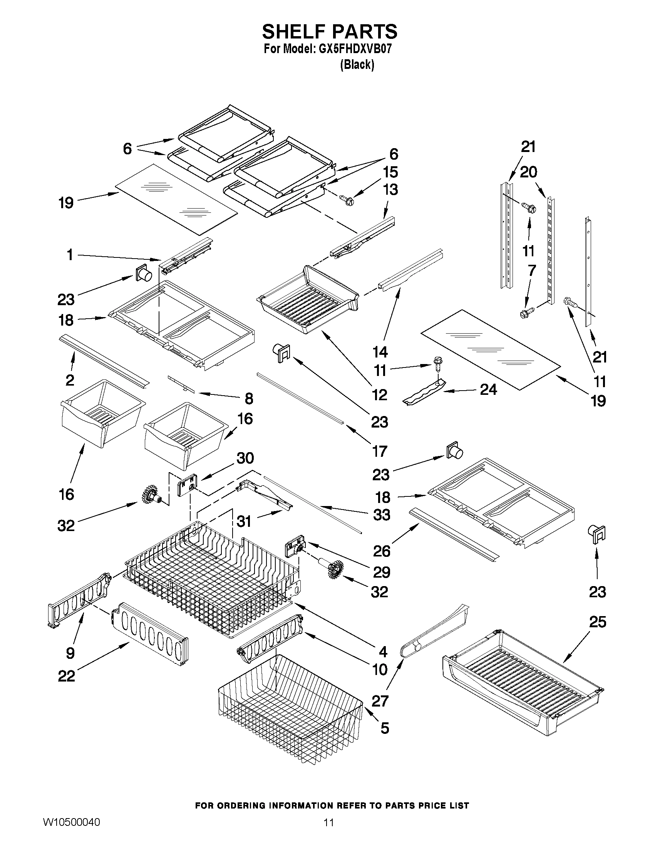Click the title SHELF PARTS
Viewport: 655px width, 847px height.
pyautogui.click(x=330, y=32)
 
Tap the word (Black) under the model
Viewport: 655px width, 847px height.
pyautogui.click(x=357, y=64)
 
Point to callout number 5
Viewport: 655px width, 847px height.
pyautogui.click(x=385, y=728)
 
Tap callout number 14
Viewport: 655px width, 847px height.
pyautogui.click(x=380, y=352)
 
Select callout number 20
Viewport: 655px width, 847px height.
pyautogui.click(x=528, y=172)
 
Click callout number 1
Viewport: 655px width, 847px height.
pyautogui.click(x=69, y=255)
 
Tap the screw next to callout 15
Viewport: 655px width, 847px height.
pyautogui.click(x=348, y=200)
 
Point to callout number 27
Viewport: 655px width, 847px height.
pyautogui.click(x=380, y=701)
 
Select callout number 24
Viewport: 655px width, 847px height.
pyautogui.click(x=488, y=389)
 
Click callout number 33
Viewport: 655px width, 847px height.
pyautogui.click(x=382, y=515)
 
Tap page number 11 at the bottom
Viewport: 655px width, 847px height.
pyautogui.click(x=329, y=833)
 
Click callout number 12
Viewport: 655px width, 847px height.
pyautogui.click(x=380, y=395)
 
